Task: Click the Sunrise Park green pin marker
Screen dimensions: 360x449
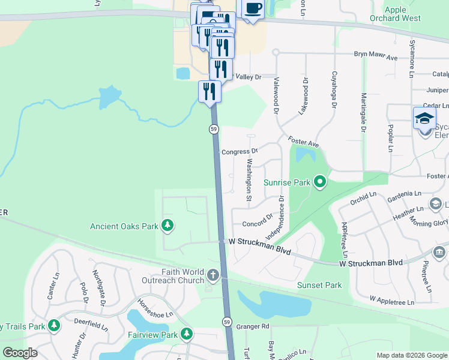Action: click(320, 181)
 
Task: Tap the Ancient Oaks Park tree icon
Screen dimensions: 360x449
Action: click(167, 226)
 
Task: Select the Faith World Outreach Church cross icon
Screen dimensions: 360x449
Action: click(213, 275)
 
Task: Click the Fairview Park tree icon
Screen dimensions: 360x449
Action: click(187, 334)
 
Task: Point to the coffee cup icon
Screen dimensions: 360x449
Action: click(253, 8)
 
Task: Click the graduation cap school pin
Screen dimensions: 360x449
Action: click(424, 118)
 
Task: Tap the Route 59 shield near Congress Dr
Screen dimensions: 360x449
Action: click(213, 129)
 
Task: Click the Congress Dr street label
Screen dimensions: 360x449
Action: click(239, 152)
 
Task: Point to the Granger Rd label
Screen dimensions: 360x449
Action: click(253, 326)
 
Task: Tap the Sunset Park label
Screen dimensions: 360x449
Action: click(319, 285)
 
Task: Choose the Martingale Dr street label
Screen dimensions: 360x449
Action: click(363, 112)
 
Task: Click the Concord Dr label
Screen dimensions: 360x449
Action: click(257, 224)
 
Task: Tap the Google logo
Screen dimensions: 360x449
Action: click(20, 352)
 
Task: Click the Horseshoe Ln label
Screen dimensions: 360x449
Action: click(155, 307)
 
